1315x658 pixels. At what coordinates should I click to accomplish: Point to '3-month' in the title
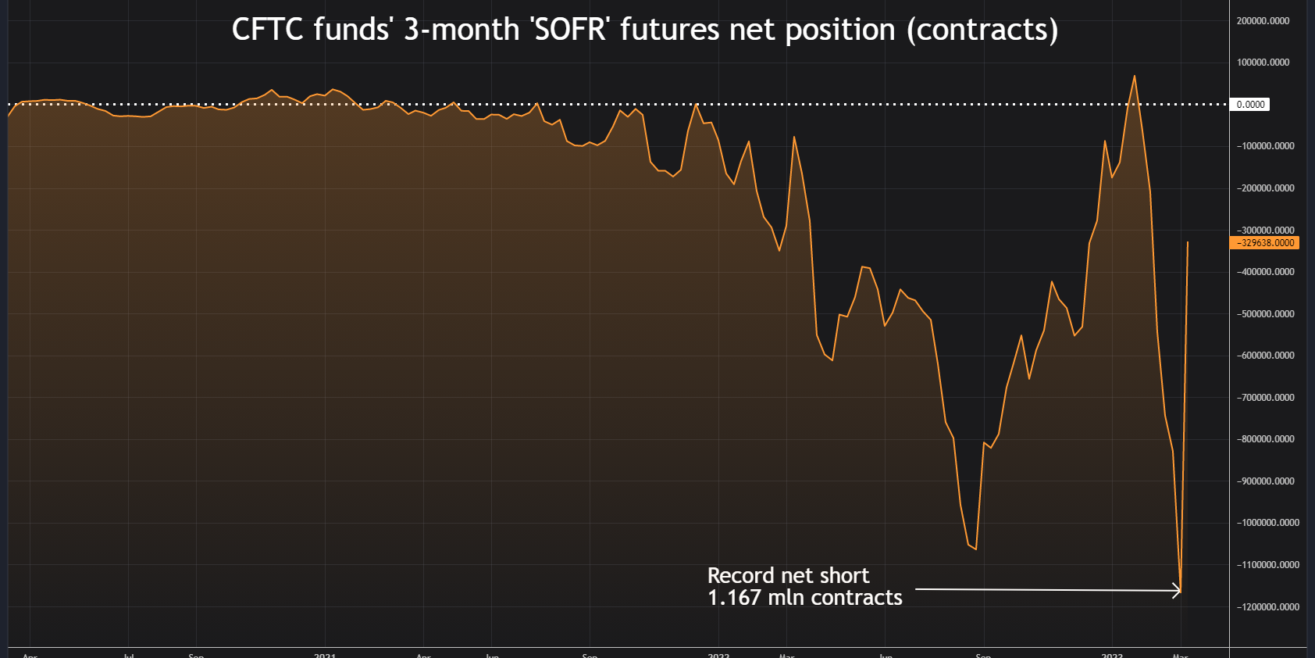[461, 30]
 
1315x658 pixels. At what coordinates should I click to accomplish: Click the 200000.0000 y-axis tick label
[1263, 21]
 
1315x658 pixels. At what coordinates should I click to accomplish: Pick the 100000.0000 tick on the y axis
[1263, 63]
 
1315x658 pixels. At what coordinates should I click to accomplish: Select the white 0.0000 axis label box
[1250, 105]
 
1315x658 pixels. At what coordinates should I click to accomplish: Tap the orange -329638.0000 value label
[1264, 243]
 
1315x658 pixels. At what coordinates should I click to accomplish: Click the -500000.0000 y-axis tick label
[1265, 314]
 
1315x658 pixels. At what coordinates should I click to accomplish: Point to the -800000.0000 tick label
[1265, 439]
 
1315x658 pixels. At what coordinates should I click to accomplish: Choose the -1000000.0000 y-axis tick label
[1267, 523]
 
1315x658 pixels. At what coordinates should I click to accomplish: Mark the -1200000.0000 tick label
[1267, 607]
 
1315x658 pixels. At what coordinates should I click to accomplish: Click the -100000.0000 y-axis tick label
[1265, 146]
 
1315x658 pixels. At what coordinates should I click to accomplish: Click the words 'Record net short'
[788, 576]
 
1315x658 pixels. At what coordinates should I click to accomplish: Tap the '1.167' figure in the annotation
[734, 598]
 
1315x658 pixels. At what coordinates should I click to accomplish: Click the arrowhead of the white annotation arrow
[1178, 591]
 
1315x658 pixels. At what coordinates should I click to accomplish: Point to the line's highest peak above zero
[1135, 76]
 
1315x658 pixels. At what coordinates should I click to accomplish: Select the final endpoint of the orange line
[1188, 242]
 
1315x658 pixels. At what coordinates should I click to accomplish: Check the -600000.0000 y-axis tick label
[1265, 356]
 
